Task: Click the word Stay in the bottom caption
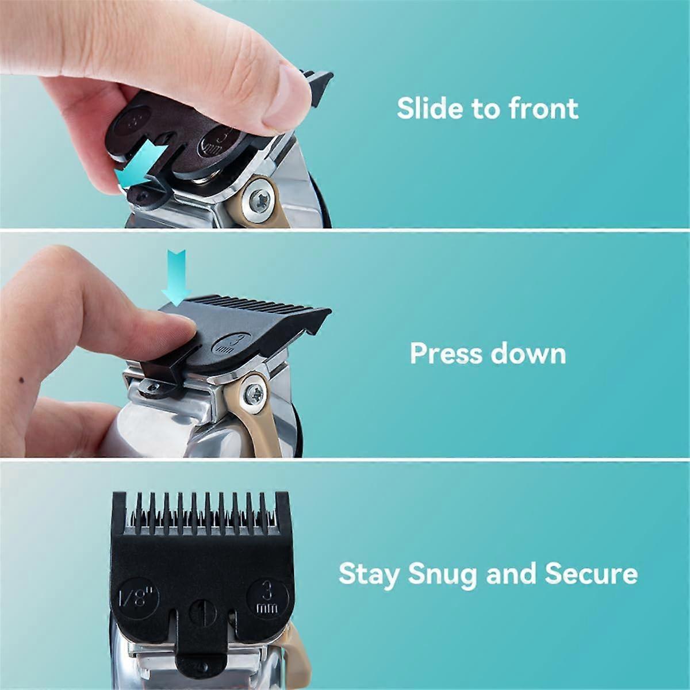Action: click(368, 574)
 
